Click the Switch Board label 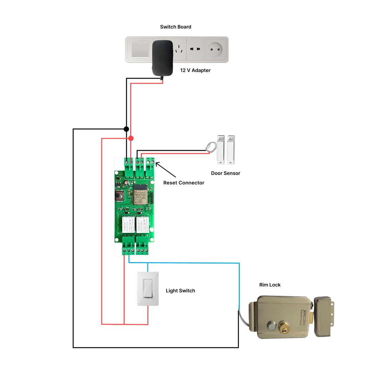pos(176,27)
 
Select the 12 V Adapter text pos(195,70)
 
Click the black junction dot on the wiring pos(126,129)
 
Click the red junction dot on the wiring pos(131,138)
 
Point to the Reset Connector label pos(183,183)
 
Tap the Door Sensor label pos(225,173)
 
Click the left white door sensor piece pos(220,149)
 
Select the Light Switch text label pos(180,291)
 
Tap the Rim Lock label pos(270,285)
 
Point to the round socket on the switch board pos(215,50)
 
